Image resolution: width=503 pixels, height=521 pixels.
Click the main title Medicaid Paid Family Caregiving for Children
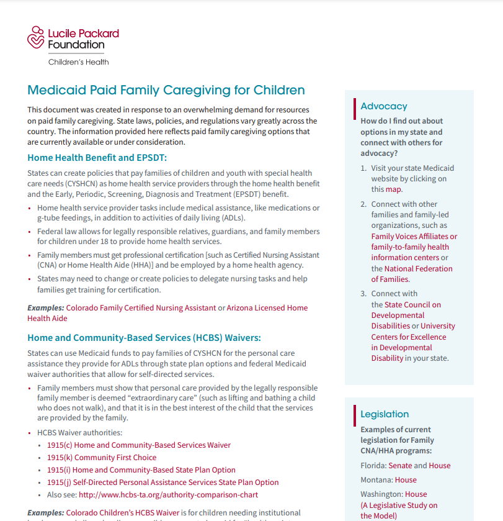[x=166, y=90]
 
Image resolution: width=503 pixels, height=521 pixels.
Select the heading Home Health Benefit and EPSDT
[x=97, y=158]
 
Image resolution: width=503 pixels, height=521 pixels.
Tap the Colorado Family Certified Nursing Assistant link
[x=141, y=307]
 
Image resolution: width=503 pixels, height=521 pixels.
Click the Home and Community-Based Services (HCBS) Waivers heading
[x=144, y=338]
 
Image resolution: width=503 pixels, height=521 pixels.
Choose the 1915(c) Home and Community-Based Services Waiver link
[x=139, y=445]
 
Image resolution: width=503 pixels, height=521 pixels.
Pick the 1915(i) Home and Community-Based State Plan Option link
[x=141, y=469]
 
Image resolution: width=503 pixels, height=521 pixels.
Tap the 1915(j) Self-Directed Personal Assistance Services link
[x=163, y=482]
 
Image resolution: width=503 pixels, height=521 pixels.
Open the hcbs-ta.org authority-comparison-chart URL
[x=168, y=494]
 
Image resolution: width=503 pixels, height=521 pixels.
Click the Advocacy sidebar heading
[x=384, y=106]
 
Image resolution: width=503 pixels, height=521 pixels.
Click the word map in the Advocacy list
[x=393, y=189]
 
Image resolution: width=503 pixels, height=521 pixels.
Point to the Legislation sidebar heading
[x=385, y=414]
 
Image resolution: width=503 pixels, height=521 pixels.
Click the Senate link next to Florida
[x=400, y=465]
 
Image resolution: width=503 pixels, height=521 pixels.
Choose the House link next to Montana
[x=406, y=479]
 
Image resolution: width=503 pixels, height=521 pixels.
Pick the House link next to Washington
[x=416, y=494]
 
